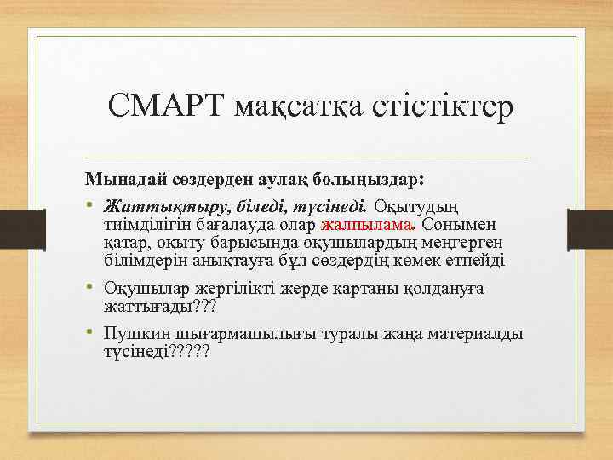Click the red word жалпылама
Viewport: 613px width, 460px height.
click(x=365, y=225)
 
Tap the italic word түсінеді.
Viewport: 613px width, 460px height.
click(x=332, y=206)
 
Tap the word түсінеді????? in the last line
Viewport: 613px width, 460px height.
click(x=157, y=352)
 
